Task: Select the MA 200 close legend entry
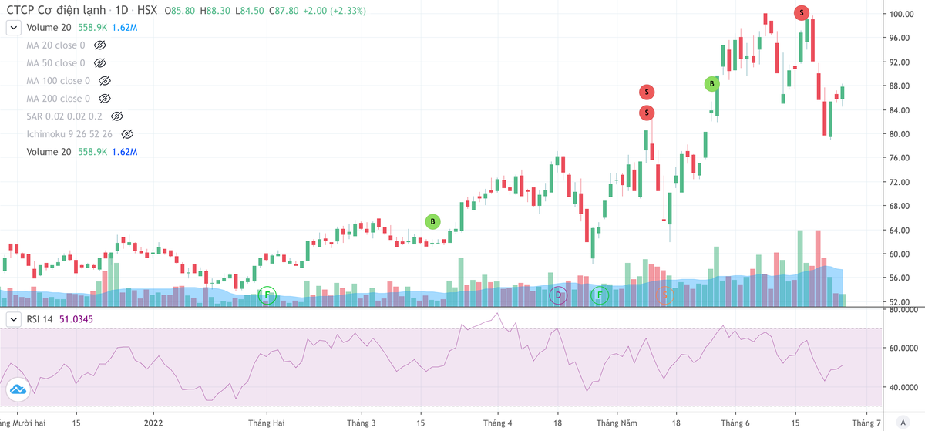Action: point(58,99)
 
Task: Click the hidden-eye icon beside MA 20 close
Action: point(99,45)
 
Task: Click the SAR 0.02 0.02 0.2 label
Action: point(65,116)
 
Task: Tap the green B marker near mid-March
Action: point(433,221)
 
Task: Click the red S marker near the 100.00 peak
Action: point(802,12)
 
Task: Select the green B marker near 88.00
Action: point(712,83)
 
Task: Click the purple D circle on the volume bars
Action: point(558,295)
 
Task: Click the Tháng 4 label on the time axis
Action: point(497,423)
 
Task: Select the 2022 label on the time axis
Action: point(153,423)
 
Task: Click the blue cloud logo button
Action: point(18,390)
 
